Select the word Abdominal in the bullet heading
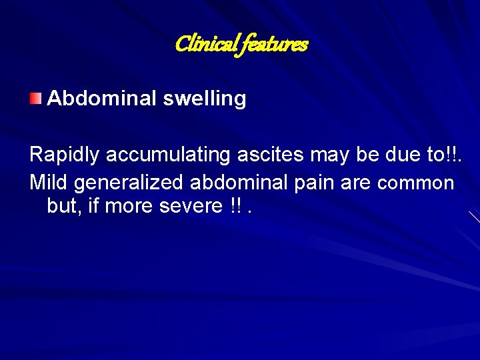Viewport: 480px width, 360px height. click(x=102, y=99)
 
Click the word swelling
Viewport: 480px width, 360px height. click(x=205, y=99)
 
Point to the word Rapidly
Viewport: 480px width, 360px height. click(x=64, y=155)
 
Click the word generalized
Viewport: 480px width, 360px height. click(x=127, y=183)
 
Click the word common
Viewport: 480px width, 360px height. click(x=415, y=183)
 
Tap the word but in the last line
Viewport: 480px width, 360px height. click(x=63, y=207)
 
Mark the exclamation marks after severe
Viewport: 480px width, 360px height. click(x=235, y=207)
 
